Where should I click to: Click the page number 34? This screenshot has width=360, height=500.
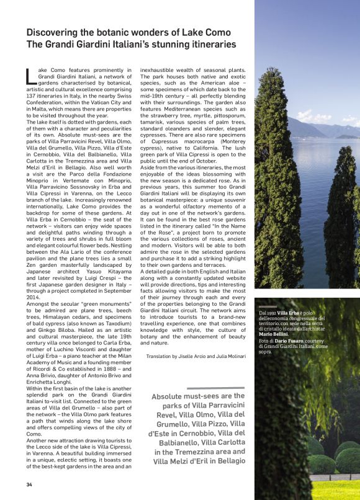coord(29,484)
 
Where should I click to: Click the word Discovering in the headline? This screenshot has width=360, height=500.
coord(55,32)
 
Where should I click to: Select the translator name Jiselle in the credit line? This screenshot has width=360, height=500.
coord(197,356)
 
